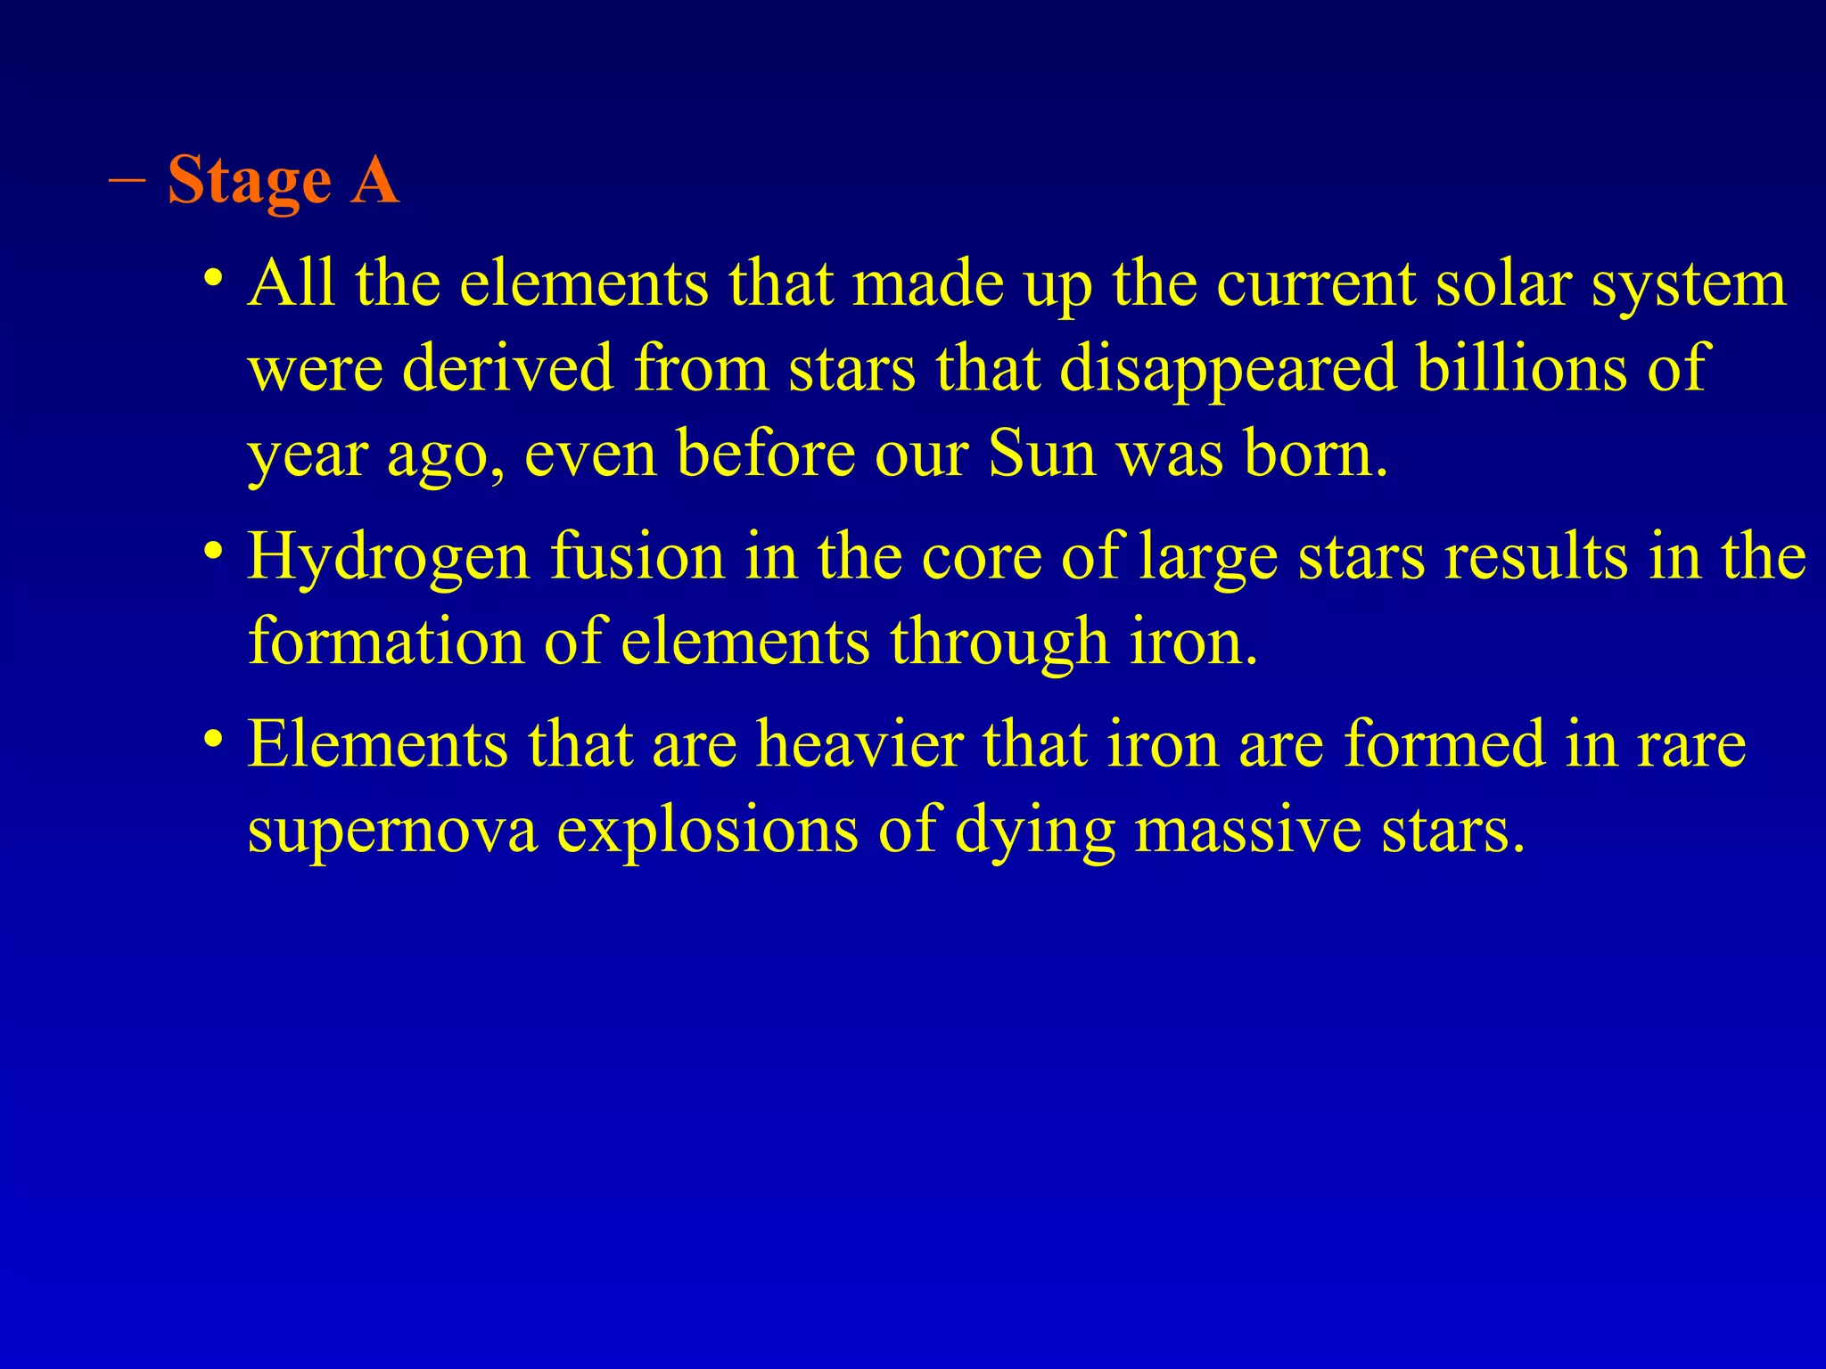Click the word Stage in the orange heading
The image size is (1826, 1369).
(250, 181)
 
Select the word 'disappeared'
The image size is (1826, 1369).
(1228, 369)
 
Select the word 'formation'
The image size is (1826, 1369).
(386, 641)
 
